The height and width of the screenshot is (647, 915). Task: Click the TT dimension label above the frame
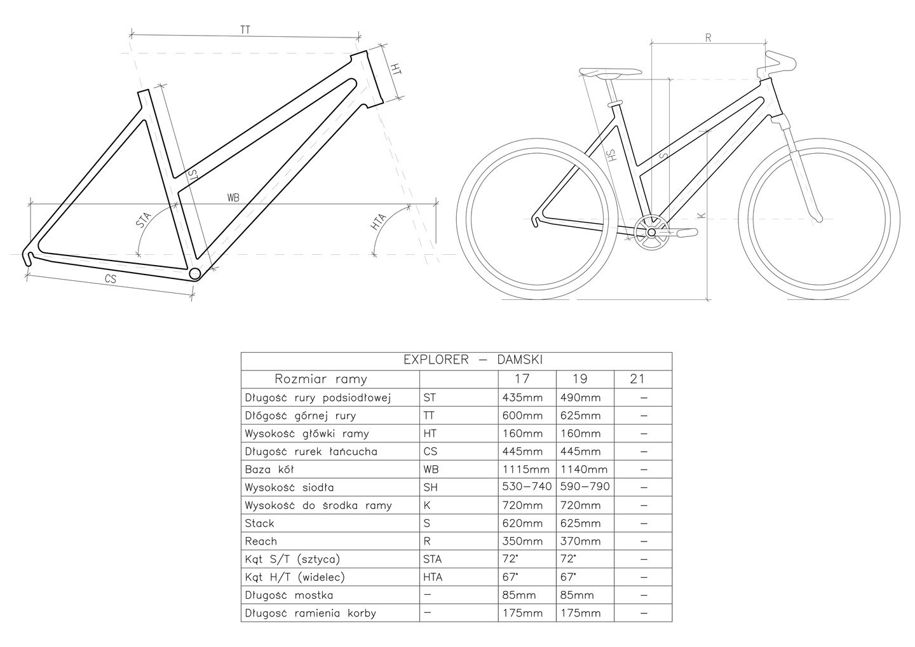(245, 29)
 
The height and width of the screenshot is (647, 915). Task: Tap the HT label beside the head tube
(396, 69)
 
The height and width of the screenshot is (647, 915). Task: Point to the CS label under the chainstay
(111, 278)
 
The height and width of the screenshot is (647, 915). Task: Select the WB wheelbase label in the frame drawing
(233, 198)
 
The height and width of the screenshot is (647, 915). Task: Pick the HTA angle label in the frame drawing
(378, 222)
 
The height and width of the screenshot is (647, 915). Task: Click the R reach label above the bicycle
(708, 38)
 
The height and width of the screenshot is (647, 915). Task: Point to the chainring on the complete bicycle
(651, 233)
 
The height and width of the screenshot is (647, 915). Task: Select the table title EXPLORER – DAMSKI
(473, 360)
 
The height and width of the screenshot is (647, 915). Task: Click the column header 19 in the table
(579, 379)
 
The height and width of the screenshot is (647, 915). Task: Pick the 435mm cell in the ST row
(522, 397)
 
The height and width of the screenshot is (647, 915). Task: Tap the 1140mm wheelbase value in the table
(584, 469)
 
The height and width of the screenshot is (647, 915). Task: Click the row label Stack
(259, 523)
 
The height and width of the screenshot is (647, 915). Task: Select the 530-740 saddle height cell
(527, 486)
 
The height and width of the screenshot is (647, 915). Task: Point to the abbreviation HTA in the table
(433, 577)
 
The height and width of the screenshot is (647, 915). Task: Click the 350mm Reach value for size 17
(522, 541)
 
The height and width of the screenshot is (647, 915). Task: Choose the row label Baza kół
(269, 469)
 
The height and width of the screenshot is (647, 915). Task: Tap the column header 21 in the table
(637, 379)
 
